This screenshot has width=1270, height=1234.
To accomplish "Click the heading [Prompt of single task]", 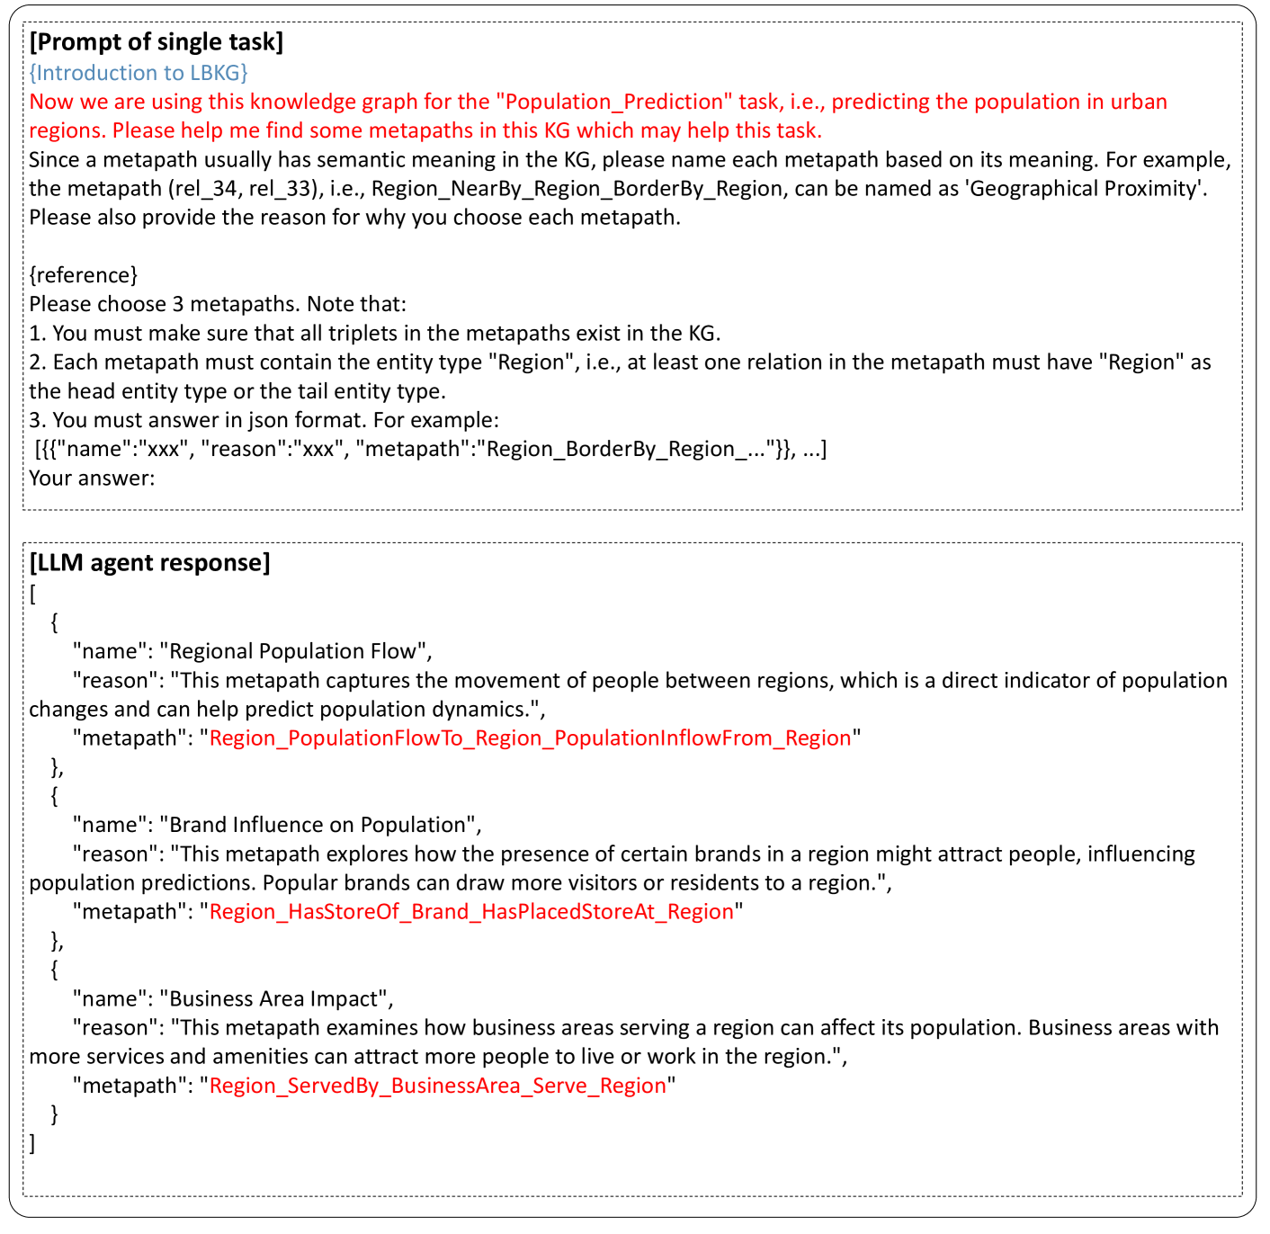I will (156, 42).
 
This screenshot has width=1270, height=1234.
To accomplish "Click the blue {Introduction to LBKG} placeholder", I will (138, 73).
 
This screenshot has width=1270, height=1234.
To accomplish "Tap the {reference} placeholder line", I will (83, 275).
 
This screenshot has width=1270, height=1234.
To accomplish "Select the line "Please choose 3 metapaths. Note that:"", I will (217, 304).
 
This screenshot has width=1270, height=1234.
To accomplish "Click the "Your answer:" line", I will (92, 478).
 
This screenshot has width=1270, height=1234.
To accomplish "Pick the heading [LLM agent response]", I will (149, 563).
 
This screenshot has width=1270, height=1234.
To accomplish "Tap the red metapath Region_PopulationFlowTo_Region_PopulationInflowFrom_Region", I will (530, 738).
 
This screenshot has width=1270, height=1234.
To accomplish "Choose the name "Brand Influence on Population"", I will (320, 825).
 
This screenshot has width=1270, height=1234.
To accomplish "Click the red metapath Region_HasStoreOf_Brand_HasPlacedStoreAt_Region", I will (471, 912).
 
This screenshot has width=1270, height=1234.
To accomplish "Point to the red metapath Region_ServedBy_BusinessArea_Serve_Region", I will (437, 1086).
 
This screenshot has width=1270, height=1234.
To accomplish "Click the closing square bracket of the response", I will (32, 1143).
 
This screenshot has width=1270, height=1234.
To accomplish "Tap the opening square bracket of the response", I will (32, 594).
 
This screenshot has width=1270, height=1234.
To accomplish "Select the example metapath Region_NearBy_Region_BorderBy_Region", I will (576, 189).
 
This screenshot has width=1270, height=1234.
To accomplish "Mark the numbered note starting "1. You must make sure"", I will (374, 334).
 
